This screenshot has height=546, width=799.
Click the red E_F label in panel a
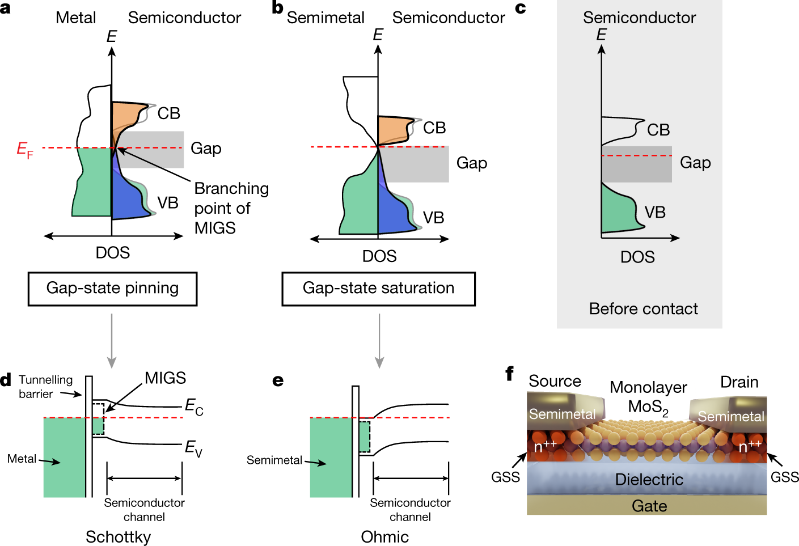(x=24, y=150)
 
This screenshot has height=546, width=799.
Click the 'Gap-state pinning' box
(x=112, y=289)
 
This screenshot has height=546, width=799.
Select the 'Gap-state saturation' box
(x=378, y=289)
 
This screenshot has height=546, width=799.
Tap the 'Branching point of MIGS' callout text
(x=230, y=208)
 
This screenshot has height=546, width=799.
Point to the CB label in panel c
(x=658, y=130)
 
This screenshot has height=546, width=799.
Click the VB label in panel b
(x=433, y=218)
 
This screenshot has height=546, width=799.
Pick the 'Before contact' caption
(x=643, y=309)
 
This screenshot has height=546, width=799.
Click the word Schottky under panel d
(x=118, y=537)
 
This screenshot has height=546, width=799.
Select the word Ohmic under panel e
(x=384, y=537)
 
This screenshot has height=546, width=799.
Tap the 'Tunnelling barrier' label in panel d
(x=45, y=387)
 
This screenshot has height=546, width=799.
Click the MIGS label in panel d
(x=165, y=378)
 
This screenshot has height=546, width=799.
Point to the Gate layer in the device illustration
(x=649, y=506)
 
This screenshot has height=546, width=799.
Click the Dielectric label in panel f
(x=649, y=480)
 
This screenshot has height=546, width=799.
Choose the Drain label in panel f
(x=739, y=382)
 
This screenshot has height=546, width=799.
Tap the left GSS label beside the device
(x=505, y=477)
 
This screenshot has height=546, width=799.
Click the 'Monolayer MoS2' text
(x=648, y=397)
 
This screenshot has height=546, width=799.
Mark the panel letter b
(x=277, y=8)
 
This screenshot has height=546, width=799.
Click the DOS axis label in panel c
(x=637, y=257)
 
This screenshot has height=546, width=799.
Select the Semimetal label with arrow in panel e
(x=274, y=460)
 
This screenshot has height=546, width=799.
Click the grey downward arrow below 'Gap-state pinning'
(x=112, y=340)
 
